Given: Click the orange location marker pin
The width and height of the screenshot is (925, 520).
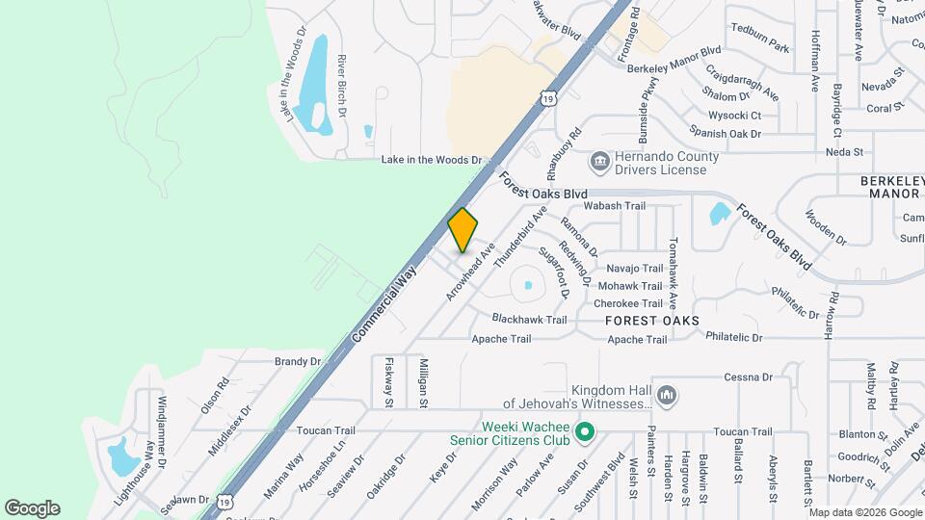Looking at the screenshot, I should pos(462,230).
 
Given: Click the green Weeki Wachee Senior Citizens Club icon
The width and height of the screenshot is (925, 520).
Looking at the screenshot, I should pos(583,433).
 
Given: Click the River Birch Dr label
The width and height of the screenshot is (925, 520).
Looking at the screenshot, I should pos(342,86).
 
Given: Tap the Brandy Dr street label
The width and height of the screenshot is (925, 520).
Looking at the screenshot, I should pos(297,361).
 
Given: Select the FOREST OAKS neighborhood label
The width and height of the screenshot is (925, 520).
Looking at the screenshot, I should pos(651,320).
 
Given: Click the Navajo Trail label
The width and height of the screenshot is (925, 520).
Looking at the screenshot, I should pos(634,269).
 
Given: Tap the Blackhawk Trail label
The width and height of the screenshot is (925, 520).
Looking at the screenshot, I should pos(529,319).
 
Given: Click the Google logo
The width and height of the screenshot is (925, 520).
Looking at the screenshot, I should pos(32,508).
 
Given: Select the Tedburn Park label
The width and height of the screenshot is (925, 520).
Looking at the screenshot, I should pos(760,47).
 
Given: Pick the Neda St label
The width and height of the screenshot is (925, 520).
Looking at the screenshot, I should pos(844,152).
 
